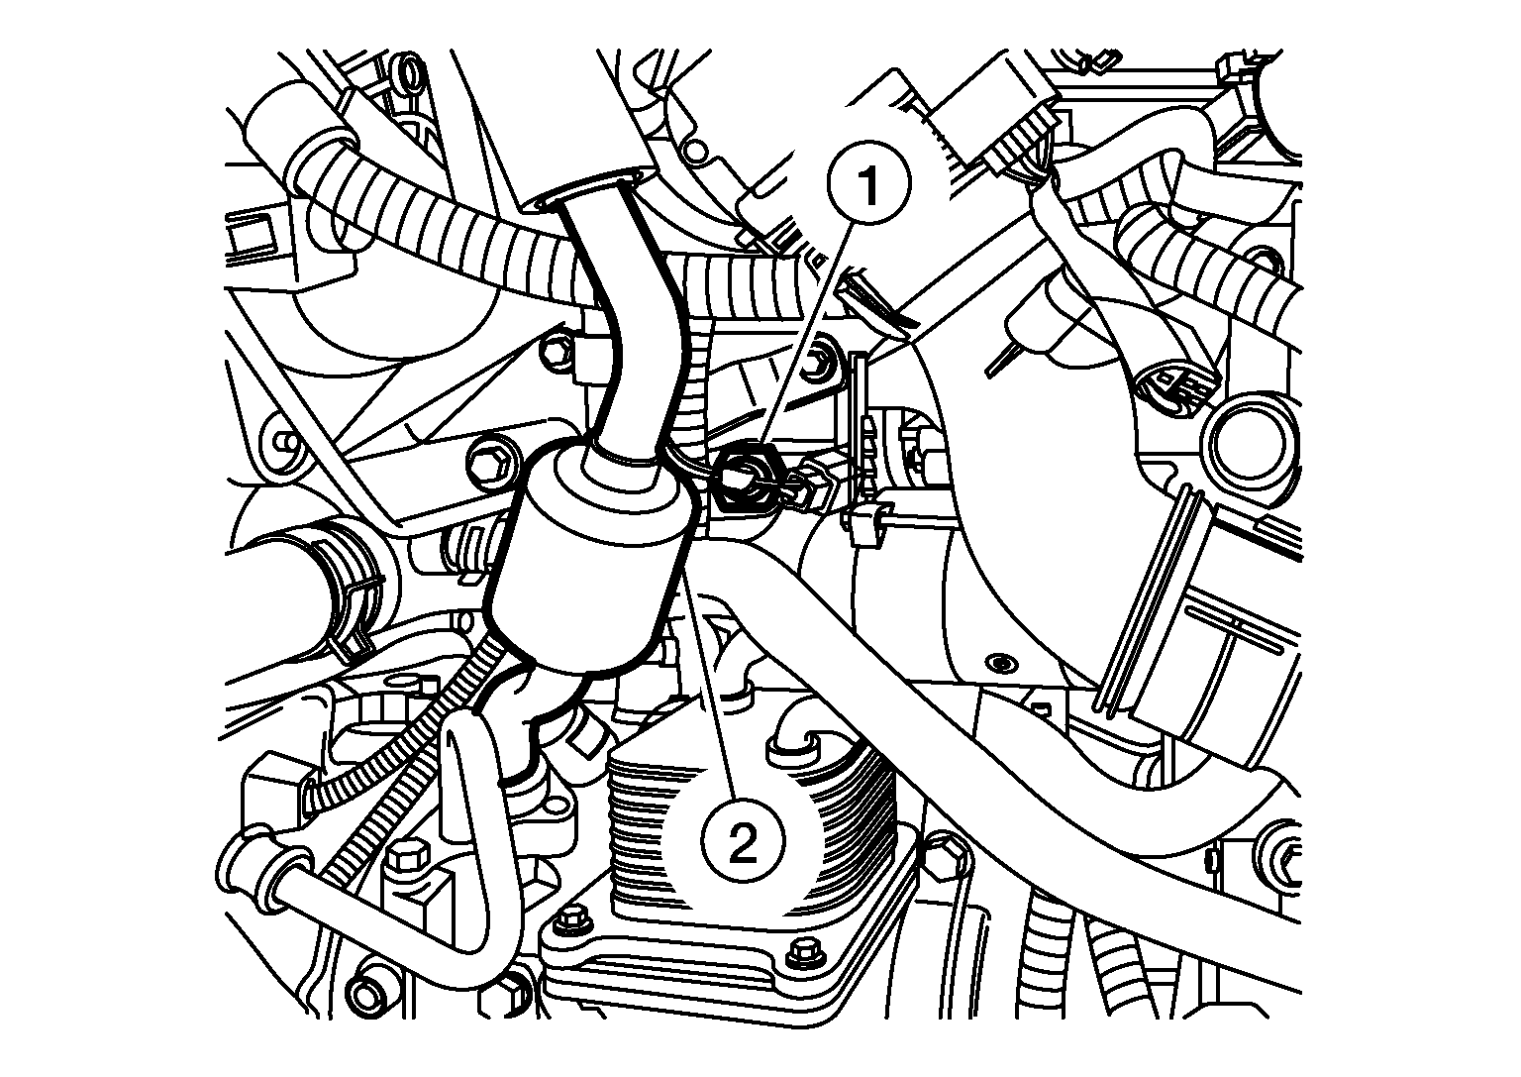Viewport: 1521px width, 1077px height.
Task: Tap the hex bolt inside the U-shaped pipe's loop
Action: click(x=407, y=857)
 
